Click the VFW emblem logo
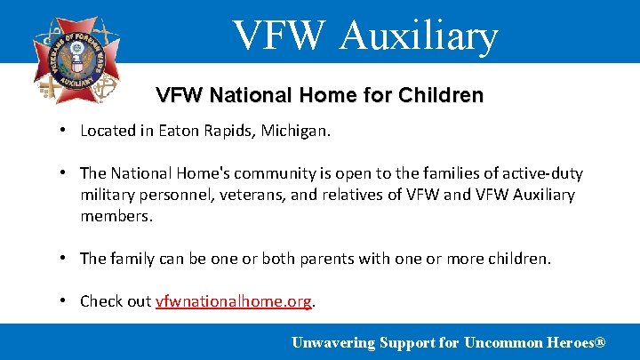click(x=76, y=60)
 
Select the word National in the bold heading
click(x=237, y=95)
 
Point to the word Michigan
click(x=296, y=132)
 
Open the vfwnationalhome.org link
click(x=234, y=300)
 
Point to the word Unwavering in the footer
click(x=333, y=342)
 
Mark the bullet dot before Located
click(x=66, y=131)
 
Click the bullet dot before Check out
click(x=66, y=300)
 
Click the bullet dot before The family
click(x=66, y=258)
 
